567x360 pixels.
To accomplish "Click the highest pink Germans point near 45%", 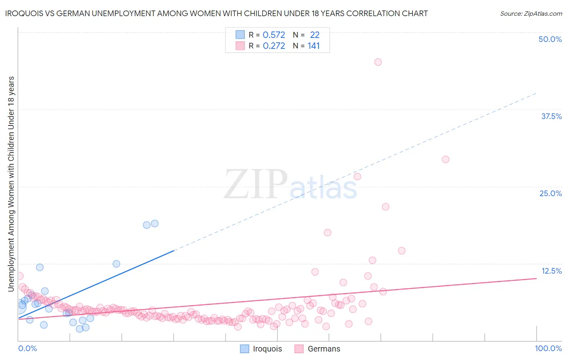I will tap(378, 62).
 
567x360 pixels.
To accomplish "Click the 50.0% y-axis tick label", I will tap(550, 39).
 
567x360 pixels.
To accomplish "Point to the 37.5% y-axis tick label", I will tap(551, 116).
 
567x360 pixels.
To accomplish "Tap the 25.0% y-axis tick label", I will tap(550, 193).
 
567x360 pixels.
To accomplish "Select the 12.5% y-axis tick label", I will tap(551, 271).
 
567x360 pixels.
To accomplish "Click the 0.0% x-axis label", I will tap(27, 348).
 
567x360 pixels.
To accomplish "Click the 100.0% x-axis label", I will tap(548, 348).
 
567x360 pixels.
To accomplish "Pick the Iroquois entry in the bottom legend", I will tap(267, 349).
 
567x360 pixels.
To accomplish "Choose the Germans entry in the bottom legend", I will tap(324, 349).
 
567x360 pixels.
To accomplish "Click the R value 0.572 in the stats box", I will tap(274, 35).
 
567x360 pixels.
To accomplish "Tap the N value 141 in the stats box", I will tap(314, 46).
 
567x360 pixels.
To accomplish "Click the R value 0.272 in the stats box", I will tap(274, 46).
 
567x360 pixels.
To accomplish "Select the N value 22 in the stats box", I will tap(315, 35).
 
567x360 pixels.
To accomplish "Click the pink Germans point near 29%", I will tap(445, 159).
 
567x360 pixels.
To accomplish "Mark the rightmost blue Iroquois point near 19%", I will tap(154, 224).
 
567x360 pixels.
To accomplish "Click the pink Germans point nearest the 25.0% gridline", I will tap(357, 176).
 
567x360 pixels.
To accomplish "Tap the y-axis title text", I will tap(11, 184).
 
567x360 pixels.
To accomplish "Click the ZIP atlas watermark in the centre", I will tap(290, 184).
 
